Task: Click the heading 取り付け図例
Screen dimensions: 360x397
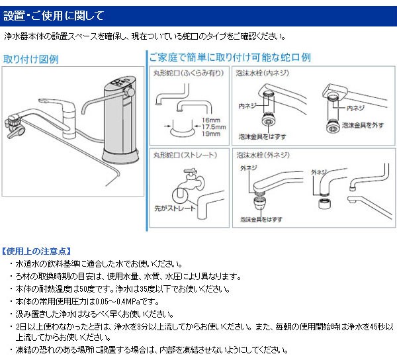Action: [30, 58]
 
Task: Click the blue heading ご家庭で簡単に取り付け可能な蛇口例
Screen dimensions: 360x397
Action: [230, 58]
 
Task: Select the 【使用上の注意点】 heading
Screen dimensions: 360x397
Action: [35, 251]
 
